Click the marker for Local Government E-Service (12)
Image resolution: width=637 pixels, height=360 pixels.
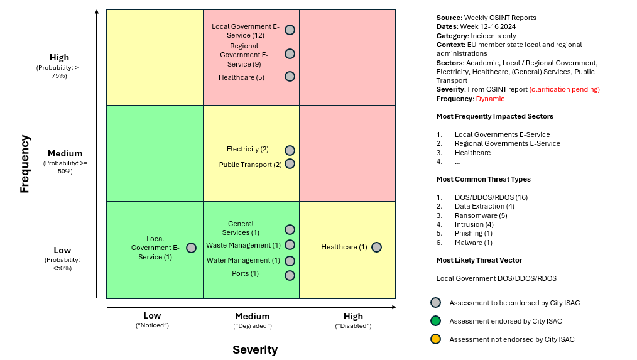pyautogui.click(x=290, y=30)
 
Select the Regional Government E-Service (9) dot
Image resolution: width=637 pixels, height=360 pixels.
pyautogui.click(x=290, y=54)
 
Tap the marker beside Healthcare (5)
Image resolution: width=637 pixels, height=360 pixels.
pyautogui.click(x=290, y=77)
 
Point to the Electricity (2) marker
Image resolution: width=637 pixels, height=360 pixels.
pyautogui.click(x=290, y=150)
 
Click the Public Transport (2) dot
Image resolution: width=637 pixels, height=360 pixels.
pyautogui.click(x=290, y=163)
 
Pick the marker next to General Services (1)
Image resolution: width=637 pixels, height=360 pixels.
pyautogui.click(x=290, y=230)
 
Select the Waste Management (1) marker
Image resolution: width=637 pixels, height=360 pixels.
pyautogui.click(x=290, y=245)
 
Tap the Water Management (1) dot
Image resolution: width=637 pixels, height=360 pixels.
pyautogui.click(x=290, y=261)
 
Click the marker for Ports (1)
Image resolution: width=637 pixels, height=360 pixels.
pyautogui.click(x=290, y=275)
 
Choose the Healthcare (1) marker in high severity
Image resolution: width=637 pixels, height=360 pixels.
pyautogui.click(x=376, y=247)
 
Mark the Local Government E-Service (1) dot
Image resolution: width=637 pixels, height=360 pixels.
pyautogui.click(x=191, y=248)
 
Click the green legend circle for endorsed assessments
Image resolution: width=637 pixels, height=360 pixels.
pyautogui.click(x=435, y=321)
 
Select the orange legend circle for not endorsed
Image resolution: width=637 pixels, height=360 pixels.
pyautogui.click(x=435, y=339)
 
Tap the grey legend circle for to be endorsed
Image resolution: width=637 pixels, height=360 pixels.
pyautogui.click(x=435, y=303)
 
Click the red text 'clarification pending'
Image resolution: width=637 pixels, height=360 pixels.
pyautogui.click(x=564, y=89)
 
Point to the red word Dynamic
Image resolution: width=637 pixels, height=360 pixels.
pyautogui.click(x=490, y=99)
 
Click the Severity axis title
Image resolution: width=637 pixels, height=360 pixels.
pyautogui.click(x=255, y=350)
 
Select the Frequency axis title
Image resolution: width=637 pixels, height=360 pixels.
pyautogui.click(x=24, y=164)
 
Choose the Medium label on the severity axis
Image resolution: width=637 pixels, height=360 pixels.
pyautogui.click(x=252, y=317)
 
